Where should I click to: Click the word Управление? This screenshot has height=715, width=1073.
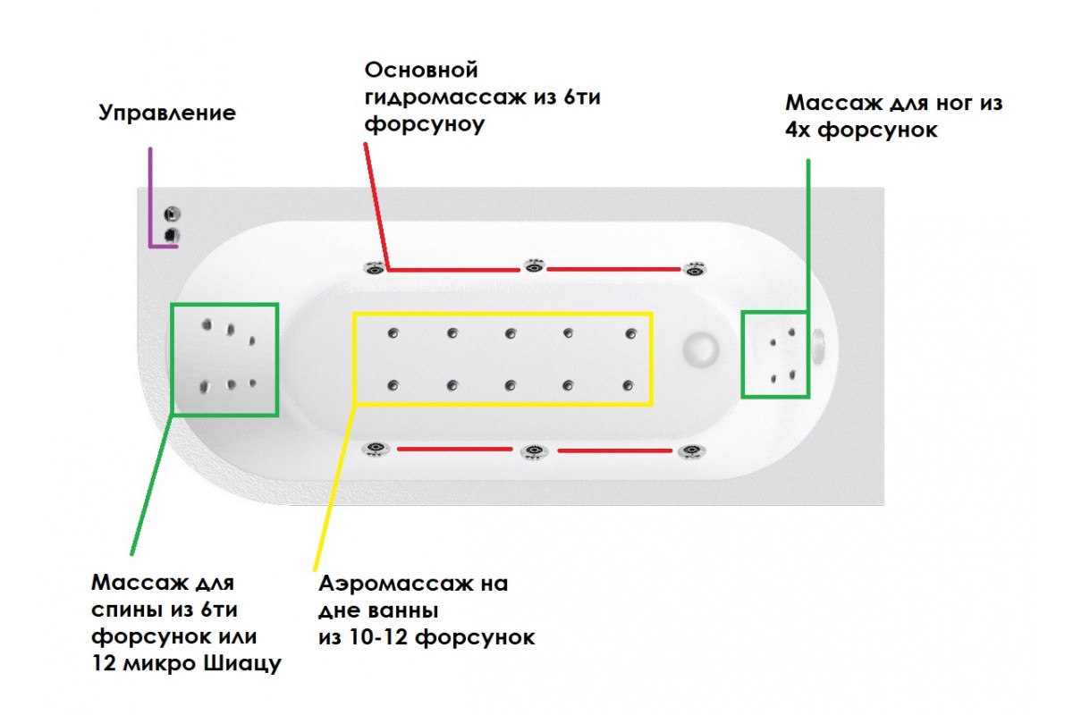pos(167,114)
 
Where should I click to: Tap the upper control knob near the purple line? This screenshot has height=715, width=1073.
pos(173,214)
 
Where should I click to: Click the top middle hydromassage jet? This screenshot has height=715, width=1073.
pos(534,267)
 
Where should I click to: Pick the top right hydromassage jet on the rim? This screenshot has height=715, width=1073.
pos(694,269)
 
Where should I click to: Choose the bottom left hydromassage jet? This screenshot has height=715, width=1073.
pos(374,449)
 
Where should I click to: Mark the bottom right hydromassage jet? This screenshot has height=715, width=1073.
pos(689,451)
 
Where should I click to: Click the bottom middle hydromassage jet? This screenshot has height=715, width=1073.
pos(533,451)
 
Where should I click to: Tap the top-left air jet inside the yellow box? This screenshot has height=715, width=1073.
pos(393,334)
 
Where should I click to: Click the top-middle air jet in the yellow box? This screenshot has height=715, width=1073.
pos(510,334)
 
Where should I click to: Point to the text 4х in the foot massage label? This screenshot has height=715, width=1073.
pos(798,130)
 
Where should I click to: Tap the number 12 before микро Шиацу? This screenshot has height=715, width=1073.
pos(105,665)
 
